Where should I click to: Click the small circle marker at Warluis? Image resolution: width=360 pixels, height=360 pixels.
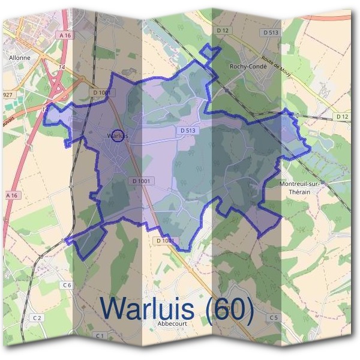118,136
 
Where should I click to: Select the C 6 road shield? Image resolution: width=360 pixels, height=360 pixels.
66,284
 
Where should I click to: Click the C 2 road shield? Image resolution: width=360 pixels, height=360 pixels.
37,317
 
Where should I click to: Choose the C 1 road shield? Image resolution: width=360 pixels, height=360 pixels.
100,335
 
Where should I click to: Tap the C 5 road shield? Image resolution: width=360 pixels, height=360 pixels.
274,317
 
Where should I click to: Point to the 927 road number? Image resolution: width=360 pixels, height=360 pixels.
8,95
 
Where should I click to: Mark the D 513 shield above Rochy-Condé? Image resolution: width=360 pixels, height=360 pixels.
271,31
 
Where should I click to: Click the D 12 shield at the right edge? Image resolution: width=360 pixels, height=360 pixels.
342,116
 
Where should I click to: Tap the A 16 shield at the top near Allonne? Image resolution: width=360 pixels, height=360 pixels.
65,36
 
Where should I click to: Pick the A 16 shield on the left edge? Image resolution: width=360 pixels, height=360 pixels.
11,196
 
